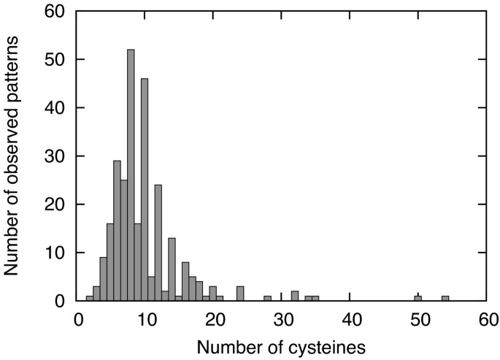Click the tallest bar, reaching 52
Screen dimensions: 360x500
pyautogui.click(x=131, y=175)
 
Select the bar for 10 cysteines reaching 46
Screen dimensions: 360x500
pyautogui.click(x=145, y=190)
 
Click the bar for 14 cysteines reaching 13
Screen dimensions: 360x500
pyautogui.click(x=172, y=269)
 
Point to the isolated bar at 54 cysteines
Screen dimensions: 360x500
pyautogui.click(x=445, y=298)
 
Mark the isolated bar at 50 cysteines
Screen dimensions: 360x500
pyautogui.click(x=418, y=298)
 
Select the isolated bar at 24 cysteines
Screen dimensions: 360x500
pyautogui.click(x=240, y=294)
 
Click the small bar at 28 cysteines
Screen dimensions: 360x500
pyautogui.click(x=267, y=298)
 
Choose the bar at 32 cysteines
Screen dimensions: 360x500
pyautogui.click(x=295, y=296)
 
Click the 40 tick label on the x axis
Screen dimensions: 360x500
pyautogui.click(x=350, y=319)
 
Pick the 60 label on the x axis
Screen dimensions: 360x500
pyautogui.click(x=485, y=319)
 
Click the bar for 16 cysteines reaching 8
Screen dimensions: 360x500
pyautogui.click(x=185, y=281)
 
